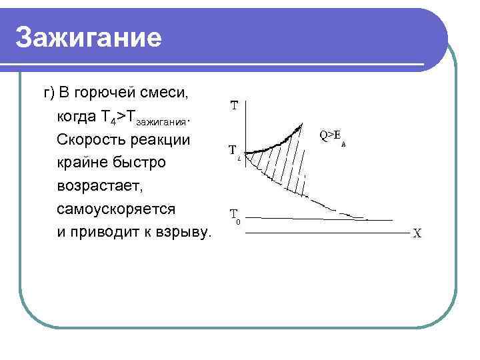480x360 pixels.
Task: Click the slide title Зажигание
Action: [x=89, y=38]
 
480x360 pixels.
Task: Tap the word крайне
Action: [x=82, y=163]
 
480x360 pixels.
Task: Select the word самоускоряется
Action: [x=116, y=209]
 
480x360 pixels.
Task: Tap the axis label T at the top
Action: [x=235, y=105]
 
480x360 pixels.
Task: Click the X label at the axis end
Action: [x=417, y=235]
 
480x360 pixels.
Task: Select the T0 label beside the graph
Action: [x=235, y=216]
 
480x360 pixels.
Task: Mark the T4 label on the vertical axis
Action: [x=234, y=151]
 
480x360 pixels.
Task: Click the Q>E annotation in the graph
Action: [x=333, y=136]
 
